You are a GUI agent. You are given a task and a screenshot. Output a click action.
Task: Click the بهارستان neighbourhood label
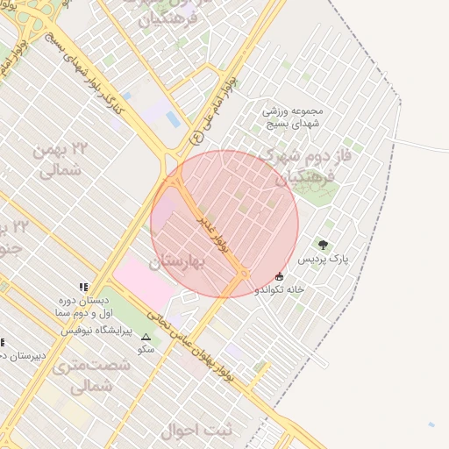176,261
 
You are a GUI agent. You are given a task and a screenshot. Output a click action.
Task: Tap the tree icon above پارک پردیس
324,245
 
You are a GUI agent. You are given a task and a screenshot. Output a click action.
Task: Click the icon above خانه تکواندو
280,275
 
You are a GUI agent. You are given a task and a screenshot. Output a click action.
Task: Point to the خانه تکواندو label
280,289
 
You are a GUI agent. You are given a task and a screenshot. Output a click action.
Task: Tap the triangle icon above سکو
146,336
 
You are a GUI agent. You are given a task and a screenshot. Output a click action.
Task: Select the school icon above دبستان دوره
83,287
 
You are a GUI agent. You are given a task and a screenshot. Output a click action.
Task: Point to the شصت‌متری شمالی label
84,374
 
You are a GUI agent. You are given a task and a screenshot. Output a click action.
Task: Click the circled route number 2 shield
196,137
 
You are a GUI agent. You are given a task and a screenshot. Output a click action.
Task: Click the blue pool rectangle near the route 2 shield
174,119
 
